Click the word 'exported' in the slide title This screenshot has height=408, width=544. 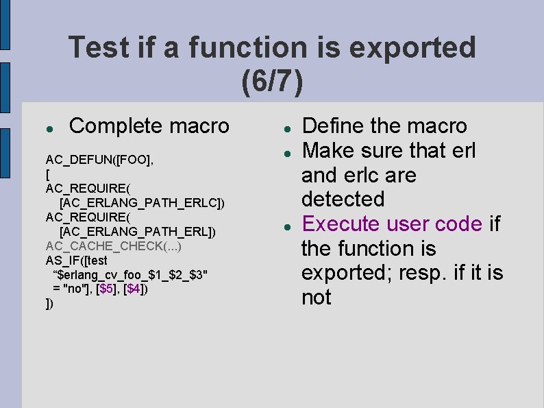413,48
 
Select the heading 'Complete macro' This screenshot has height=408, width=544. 149,126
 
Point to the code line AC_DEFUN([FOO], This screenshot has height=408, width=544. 99,160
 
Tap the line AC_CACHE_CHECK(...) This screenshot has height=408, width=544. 114,246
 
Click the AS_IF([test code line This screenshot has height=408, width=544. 77,261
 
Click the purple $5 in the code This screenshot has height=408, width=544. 108,289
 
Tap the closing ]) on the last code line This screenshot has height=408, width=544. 49,303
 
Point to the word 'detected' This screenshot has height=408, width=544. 343,200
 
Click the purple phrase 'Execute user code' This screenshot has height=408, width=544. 393,224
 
